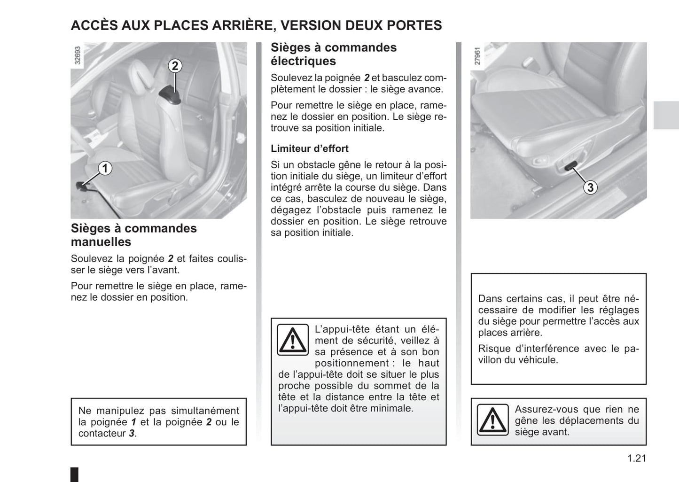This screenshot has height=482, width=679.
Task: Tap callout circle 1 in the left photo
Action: coord(105,168)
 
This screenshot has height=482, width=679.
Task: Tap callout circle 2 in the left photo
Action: coord(175,66)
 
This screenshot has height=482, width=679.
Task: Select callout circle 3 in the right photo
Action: coord(590,187)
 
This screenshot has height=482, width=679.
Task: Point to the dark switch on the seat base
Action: coord(570,165)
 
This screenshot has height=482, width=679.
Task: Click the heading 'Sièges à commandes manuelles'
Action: coord(134,235)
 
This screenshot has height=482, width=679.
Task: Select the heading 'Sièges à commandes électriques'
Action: coord(333,54)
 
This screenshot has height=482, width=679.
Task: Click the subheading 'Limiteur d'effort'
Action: coord(309,149)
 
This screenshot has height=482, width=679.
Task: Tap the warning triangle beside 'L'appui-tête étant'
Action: coord(292,340)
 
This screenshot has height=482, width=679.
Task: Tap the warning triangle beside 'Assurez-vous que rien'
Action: coord(492,420)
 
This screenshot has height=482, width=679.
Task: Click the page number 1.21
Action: coord(636,458)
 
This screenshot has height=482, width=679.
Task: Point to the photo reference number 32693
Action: coord(78,55)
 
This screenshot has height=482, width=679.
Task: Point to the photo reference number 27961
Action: coord(477,55)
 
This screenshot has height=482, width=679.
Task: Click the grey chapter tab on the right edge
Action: coord(666,115)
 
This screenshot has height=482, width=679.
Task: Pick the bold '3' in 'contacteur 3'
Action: coord(132,434)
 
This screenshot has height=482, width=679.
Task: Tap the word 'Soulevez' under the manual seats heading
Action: coord(91,259)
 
